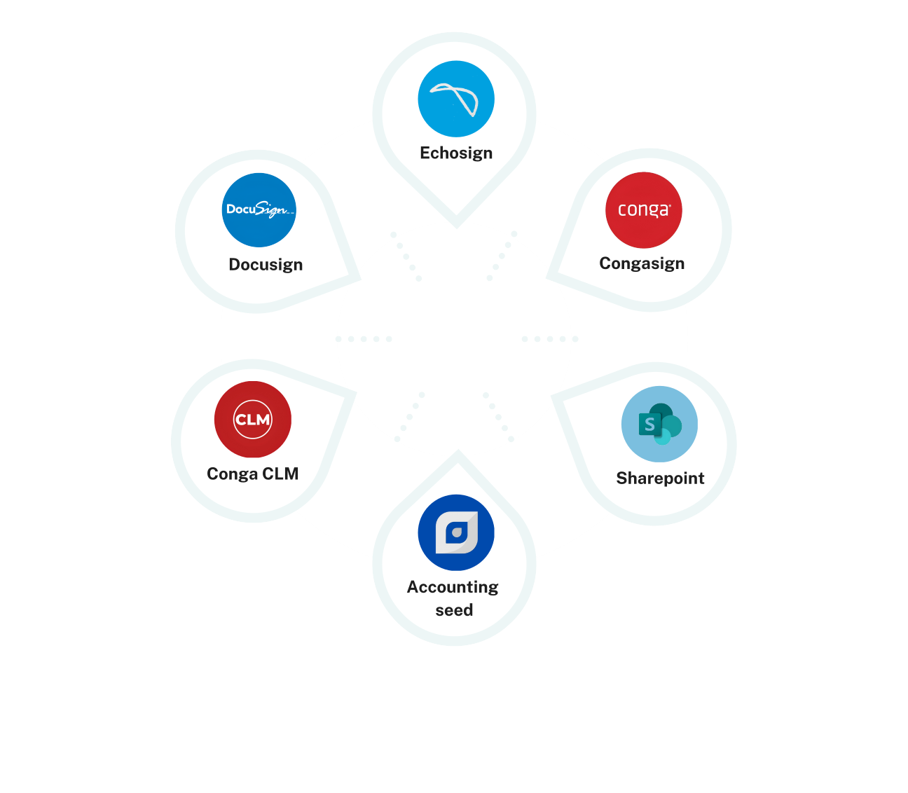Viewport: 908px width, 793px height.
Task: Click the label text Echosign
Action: (456, 153)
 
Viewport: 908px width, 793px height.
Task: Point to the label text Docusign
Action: (266, 265)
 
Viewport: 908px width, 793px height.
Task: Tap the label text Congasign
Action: (642, 263)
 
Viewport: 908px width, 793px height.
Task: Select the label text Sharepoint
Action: (660, 478)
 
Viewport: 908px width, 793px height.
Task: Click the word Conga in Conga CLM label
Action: (232, 474)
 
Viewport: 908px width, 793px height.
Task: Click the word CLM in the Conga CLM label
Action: (280, 474)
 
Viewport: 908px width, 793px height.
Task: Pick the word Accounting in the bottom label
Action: (453, 587)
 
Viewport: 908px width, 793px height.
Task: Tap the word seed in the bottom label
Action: (454, 610)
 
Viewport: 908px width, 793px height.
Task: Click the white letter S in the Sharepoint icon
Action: (649, 424)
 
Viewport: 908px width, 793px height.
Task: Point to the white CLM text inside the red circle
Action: (253, 420)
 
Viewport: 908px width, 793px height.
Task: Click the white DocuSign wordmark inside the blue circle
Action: (258, 209)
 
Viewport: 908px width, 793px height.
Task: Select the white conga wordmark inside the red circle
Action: (644, 210)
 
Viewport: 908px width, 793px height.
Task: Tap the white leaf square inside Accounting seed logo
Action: (456, 533)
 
